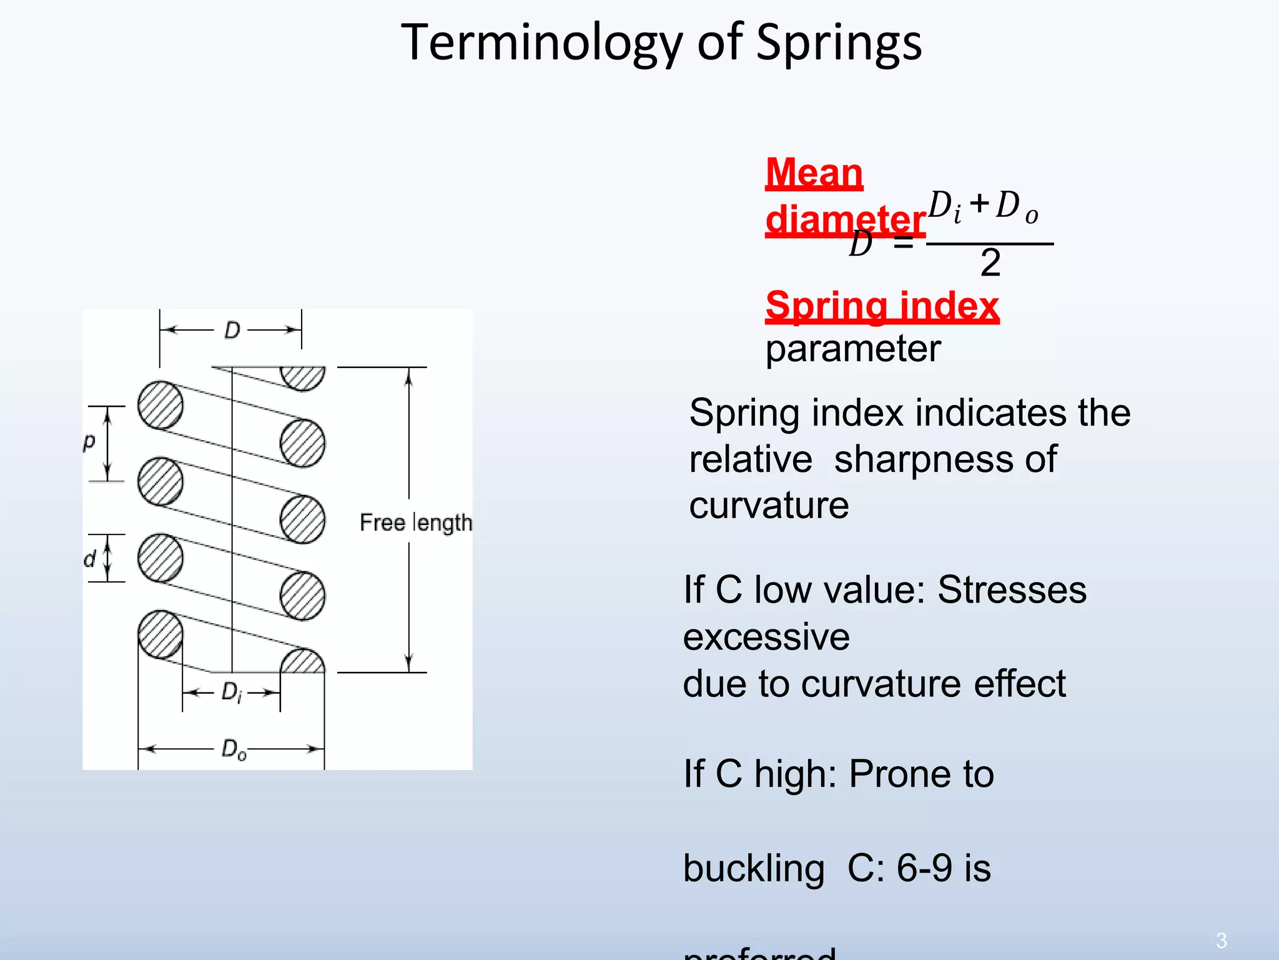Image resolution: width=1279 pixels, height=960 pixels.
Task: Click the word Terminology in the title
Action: pyautogui.click(x=541, y=42)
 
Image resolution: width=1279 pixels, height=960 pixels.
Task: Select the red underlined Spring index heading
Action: pyautogui.click(x=882, y=306)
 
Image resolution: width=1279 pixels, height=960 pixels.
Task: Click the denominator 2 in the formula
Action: pyautogui.click(x=990, y=262)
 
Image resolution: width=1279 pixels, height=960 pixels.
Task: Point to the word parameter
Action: pyautogui.click(x=852, y=349)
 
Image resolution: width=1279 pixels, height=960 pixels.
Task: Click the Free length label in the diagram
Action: pyautogui.click(x=415, y=522)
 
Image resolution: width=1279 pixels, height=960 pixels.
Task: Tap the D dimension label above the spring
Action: pyautogui.click(x=232, y=330)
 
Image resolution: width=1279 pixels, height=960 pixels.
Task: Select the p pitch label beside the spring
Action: pyautogui.click(x=89, y=442)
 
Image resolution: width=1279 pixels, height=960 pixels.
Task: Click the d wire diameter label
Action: pyautogui.click(x=90, y=559)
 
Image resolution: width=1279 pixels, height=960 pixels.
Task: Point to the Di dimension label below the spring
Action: pyautogui.click(x=232, y=692)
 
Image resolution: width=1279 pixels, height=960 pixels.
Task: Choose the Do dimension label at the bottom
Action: pyautogui.click(x=234, y=749)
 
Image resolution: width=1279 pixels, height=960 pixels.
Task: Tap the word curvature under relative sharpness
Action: pyautogui.click(x=769, y=505)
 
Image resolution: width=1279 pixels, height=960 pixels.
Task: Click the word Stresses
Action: pyautogui.click(x=1012, y=589)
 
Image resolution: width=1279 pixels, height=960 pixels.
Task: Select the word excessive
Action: pyautogui.click(x=766, y=637)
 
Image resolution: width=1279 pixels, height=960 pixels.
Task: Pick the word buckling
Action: pyautogui.click(x=754, y=869)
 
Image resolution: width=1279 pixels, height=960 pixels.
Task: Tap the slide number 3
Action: pyautogui.click(x=1221, y=940)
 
